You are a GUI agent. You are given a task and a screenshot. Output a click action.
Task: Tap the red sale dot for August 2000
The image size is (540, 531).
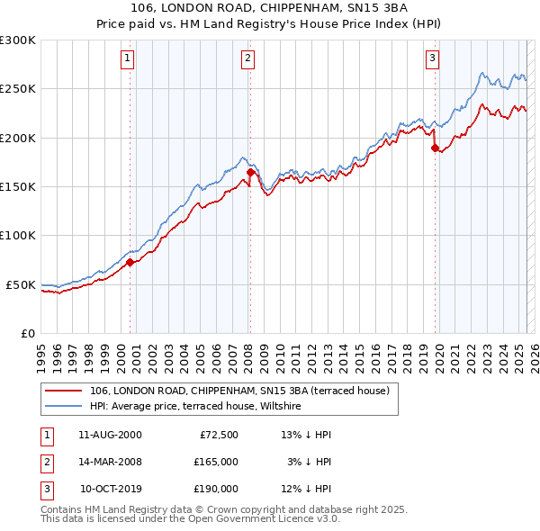click(x=130, y=263)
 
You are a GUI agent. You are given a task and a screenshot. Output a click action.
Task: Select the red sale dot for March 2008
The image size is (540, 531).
click(x=250, y=172)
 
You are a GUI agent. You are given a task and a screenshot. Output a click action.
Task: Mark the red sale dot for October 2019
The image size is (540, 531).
click(x=435, y=148)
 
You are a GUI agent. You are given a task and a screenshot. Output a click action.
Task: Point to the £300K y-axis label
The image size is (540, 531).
click(x=18, y=40)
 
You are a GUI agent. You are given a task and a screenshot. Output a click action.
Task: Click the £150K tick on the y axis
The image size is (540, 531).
click(x=18, y=187)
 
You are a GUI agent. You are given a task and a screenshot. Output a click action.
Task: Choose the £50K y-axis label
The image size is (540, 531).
click(x=22, y=284)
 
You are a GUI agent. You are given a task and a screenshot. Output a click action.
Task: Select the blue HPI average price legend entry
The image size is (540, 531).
click(x=195, y=407)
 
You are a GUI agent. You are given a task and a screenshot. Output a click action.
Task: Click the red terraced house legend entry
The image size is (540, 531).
click(x=239, y=391)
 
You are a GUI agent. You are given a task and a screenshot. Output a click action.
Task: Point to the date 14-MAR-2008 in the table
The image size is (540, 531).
click(x=110, y=462)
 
